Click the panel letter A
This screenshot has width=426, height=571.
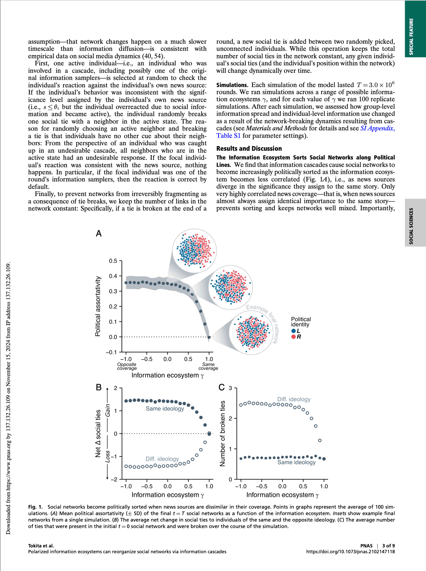coord(99,233)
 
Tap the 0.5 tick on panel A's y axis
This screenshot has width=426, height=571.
coord(113,261)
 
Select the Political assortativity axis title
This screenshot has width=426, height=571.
coord(98,306)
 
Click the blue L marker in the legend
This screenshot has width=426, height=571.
coord(293,331)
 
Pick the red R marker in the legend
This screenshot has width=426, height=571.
coord(293,337)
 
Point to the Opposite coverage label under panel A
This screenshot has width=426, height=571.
coord(127,366)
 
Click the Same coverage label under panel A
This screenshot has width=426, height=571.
coord(208,366)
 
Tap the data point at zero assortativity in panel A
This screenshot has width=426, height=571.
coord(209,337)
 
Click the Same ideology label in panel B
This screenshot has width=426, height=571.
coord(165,409)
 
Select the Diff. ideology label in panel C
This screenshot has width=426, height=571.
coord(294,399)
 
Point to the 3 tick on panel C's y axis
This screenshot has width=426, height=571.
coord(230,388)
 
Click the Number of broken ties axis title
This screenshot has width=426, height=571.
coord(222,433)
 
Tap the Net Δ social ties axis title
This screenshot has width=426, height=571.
coord(98,433)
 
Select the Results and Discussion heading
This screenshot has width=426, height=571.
coord(249,148)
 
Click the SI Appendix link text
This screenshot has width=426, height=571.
coord(377,128)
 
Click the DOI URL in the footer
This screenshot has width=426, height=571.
coord(350,552)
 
